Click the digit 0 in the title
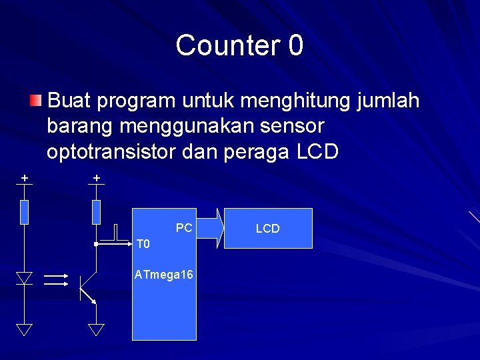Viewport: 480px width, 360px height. [x=296, y=45]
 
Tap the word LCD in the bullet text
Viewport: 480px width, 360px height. [x=317, y=152]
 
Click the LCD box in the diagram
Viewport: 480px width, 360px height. [x=267, y=229]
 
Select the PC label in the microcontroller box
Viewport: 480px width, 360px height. [x=184, y=228]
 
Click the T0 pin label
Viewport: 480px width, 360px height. [x=143, y=244]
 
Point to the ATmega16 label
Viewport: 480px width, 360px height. [x=164, y=274]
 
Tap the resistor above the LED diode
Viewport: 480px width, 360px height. [x=25, y=211]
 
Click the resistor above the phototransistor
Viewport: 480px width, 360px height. [x=96, y=211]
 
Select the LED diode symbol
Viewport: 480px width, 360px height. [x=25, y=278]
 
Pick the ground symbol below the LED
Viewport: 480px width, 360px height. [x=25, y=329]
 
